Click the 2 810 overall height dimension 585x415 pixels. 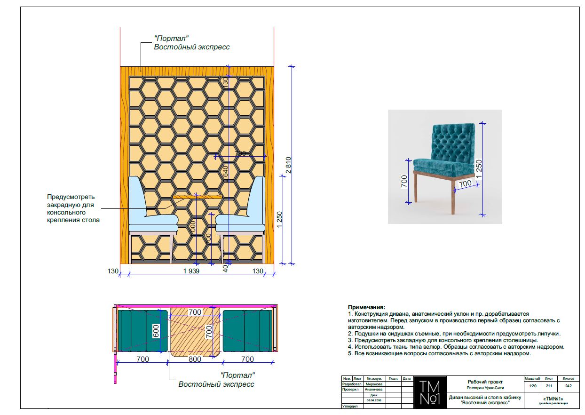pos(288,164)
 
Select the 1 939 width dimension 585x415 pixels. pos(191,271)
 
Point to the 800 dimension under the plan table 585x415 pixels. pos(195,359)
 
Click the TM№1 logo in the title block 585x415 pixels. pos(429,392)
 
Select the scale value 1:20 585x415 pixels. pos(532,386)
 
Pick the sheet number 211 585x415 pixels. pos(548,386)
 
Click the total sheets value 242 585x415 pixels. pos(568,386)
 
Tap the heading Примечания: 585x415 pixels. pos(366,307)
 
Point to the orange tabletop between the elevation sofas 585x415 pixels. pos(198,197)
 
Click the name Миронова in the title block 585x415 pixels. pos(374,384)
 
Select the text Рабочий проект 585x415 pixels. pos(485,382)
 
